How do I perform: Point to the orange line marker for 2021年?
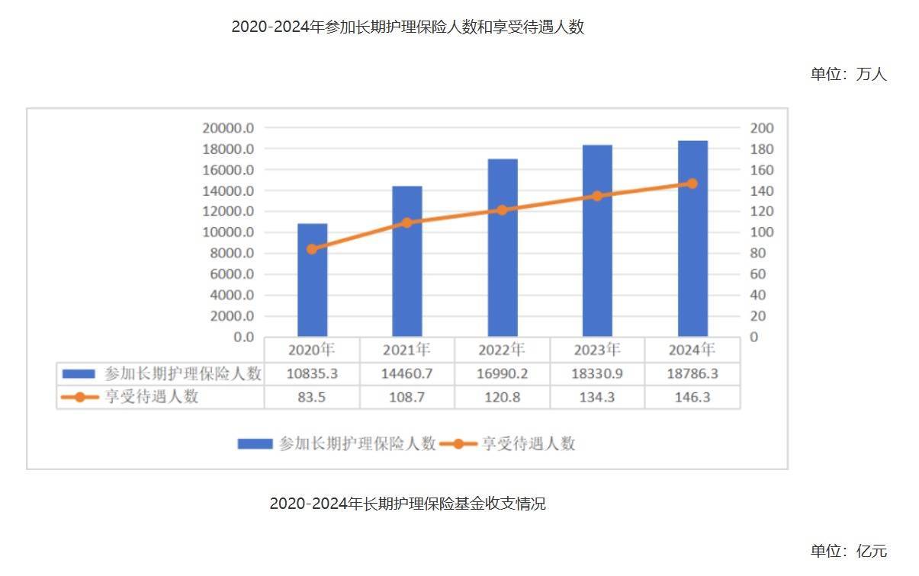[406, 223]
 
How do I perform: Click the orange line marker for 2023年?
[597, 196]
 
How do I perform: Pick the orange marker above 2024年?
[692, 184]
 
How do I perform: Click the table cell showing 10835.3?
[312, 374]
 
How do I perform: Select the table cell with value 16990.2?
[503, 374]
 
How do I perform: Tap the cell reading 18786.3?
[692, 374]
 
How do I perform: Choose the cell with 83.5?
[312, 397]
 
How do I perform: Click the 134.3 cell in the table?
[597, 397]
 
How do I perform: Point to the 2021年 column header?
[406, 350]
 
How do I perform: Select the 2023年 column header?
[597, 350]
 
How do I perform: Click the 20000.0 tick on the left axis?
[228, 128]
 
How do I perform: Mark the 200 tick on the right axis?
[763, 128]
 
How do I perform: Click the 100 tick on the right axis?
[763, 232]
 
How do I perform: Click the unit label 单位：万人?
[848, 75]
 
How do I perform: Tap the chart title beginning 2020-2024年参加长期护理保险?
[408, 27]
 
